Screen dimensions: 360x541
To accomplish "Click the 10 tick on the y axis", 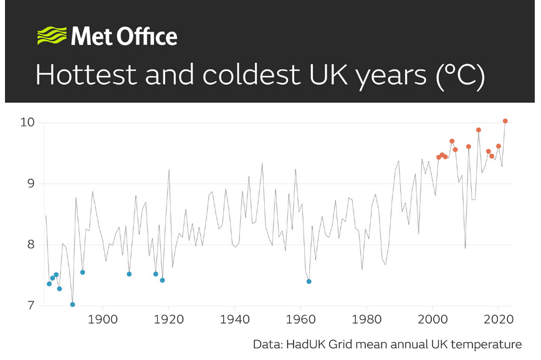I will pos(26,121).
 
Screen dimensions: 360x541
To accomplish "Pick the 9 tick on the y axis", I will pos(29,183).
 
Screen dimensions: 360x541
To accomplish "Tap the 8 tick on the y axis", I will pos(29,244).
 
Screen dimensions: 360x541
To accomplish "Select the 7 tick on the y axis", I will pos(29,305).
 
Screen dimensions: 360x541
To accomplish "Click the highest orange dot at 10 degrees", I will pos(505,121).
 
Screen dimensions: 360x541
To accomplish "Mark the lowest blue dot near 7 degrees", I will pos(73,305).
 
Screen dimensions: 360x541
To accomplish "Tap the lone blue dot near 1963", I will pos(309,282).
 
